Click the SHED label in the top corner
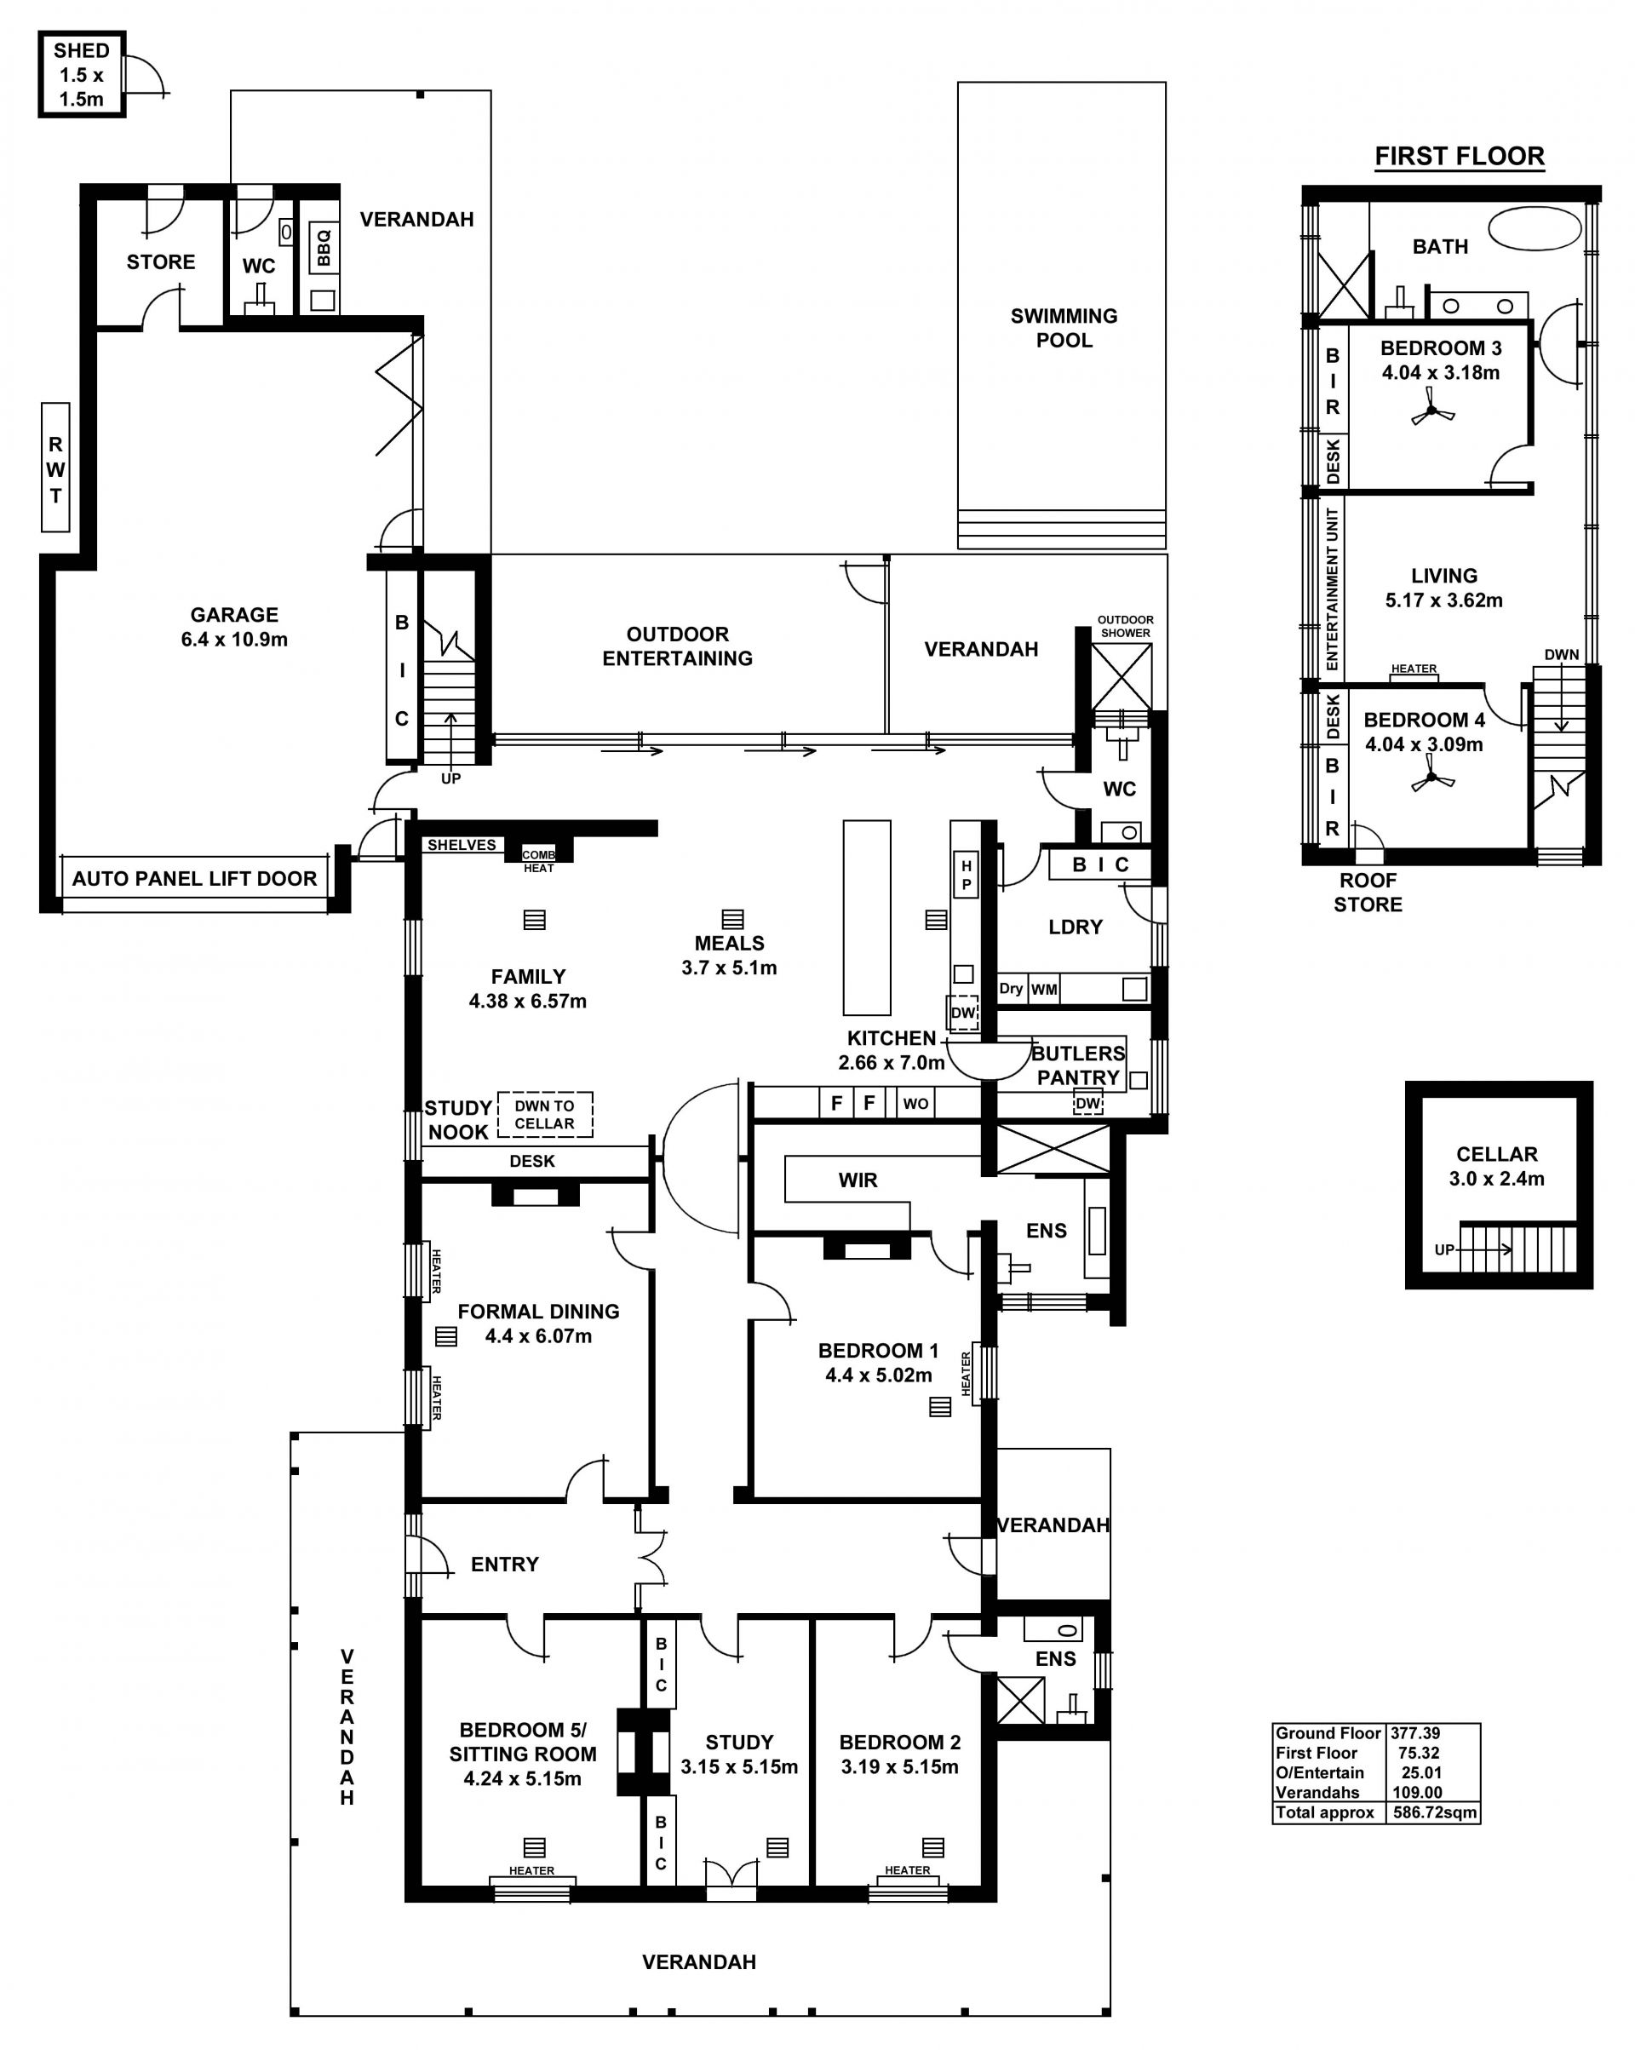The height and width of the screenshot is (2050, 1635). [x=82, y=50]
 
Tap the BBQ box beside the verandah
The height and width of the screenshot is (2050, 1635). [x=324, y=247]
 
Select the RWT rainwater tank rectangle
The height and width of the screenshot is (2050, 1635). [x=55, y=468]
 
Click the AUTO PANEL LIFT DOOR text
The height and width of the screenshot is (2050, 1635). [x=195, y=879]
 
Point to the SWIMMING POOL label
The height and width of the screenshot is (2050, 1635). [x=1064, y=328]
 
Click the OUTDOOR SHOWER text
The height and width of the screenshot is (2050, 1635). [x=1126, y=627]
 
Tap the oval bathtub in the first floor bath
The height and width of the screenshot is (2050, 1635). [x=1535, y=229]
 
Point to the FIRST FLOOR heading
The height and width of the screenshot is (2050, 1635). [x=1459, y=157]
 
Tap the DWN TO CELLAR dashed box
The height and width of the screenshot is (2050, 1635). [x=545, y=1114]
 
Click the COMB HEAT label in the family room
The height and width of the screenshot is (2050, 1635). [x=538, y=861]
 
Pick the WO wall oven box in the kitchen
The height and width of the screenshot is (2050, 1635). [x=916, y=1104]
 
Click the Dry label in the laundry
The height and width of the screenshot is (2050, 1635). [x=1012, y=989]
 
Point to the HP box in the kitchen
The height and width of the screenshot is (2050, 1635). [x=967, y=875]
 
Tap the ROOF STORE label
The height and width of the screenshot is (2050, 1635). [x=1368, y=892]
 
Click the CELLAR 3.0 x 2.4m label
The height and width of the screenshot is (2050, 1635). [x=1497, y=1167]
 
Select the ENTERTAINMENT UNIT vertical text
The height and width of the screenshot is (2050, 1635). [x=1332, y=589]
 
